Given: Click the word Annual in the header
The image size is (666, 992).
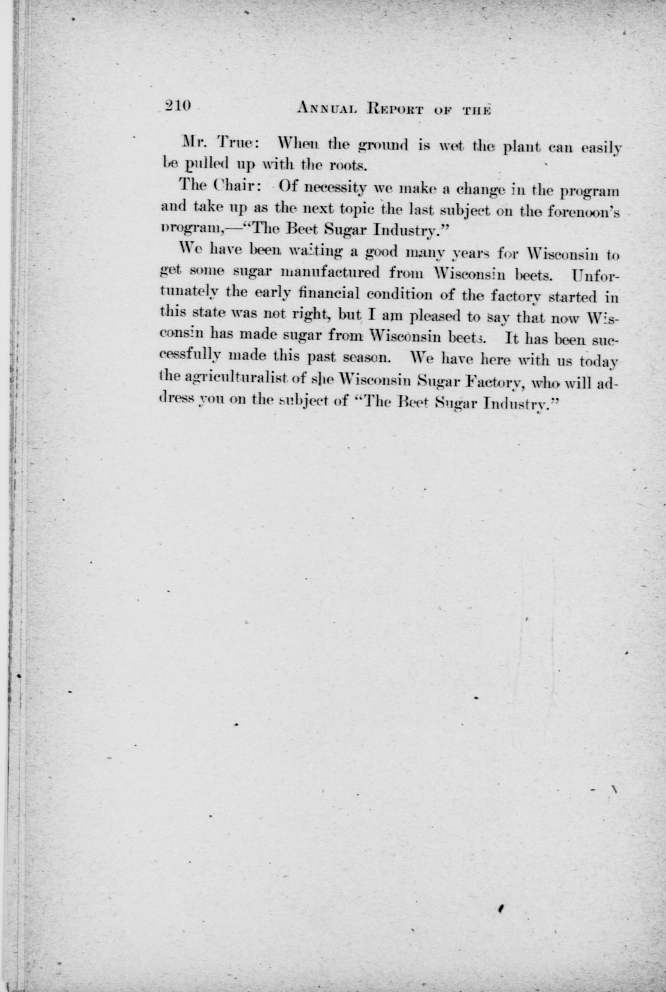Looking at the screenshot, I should click(326, 109).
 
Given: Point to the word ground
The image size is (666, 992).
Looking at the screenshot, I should click(384, 147).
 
